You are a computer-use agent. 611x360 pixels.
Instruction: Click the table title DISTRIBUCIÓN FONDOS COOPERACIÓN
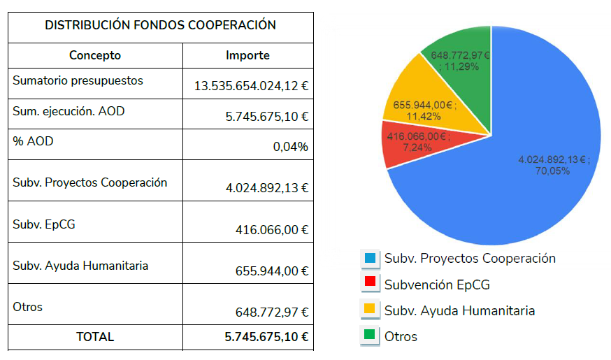point(160,25)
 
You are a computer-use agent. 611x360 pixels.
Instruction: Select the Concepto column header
point(95,55)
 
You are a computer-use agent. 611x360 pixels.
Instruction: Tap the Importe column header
point(247,55)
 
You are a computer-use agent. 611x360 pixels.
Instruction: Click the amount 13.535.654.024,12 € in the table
point(252,87)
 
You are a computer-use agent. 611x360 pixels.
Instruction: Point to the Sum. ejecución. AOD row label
point(69,110)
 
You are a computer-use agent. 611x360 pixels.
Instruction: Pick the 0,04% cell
point(292,146)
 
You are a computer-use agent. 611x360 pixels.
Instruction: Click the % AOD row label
point(33,141)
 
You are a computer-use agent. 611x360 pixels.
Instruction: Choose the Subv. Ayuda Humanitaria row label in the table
point(80,266)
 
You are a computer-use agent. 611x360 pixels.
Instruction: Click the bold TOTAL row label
point(95,336)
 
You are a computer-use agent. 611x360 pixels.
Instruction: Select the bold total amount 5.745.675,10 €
point(266,336)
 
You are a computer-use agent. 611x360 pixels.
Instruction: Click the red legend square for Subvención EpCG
point(370,284)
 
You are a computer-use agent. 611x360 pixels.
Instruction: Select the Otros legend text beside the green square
point(401,336)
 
